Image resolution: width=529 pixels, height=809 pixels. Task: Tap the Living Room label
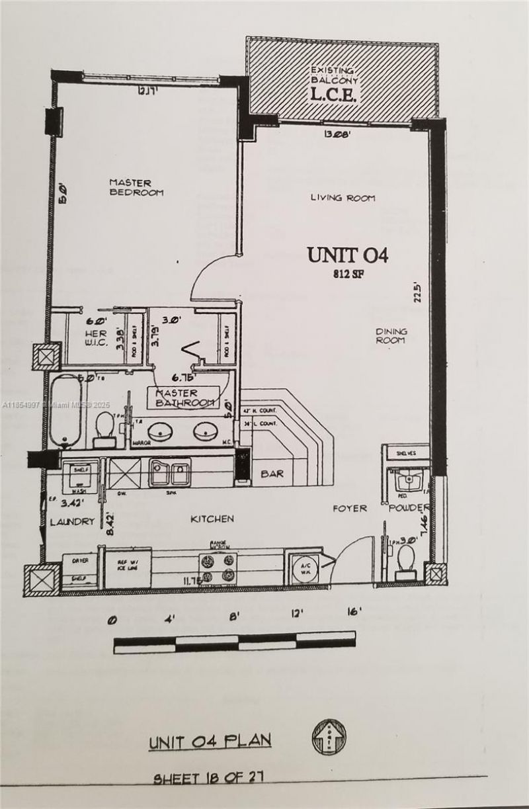(343, 198)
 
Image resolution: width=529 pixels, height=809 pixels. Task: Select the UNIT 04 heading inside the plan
(346, 254)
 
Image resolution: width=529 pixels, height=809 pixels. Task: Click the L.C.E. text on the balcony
(334, 94)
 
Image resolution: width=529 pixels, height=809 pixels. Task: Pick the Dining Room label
(391, 335)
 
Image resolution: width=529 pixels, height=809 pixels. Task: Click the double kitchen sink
(170, 472)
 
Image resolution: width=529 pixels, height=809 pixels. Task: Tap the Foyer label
(349, 508)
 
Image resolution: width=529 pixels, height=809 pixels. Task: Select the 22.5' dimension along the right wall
(417, 290)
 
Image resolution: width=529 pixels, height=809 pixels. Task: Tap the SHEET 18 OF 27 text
(208, 778)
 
